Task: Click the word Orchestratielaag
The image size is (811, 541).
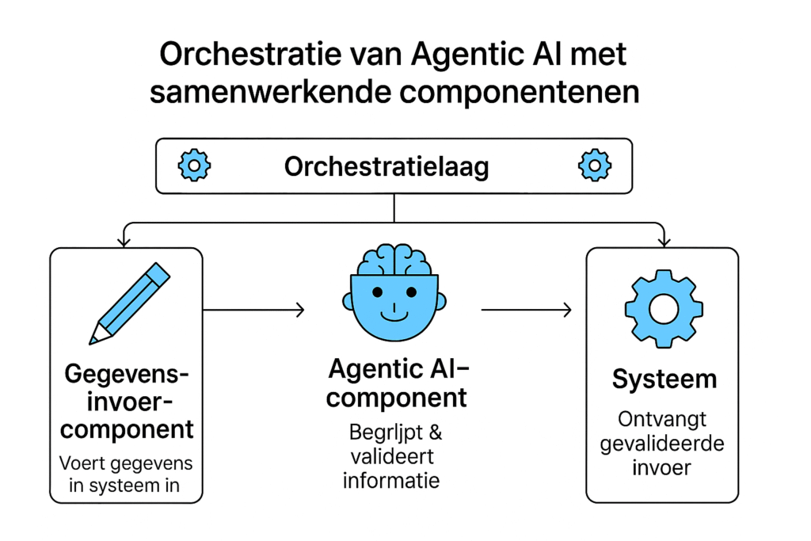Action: pos(386,166)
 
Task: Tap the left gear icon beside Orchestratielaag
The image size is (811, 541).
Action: pos(193,166)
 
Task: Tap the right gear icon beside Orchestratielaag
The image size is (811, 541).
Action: pos(594,166)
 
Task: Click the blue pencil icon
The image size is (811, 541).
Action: pos(131,302)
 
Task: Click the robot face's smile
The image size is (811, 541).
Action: pos(394,314)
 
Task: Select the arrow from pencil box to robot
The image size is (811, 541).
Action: pos(253,311)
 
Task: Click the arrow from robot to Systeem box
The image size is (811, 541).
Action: pos(527,311)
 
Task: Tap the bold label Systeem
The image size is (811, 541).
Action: pos(664,379)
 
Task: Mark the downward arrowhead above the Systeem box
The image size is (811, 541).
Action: pos(664,239)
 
